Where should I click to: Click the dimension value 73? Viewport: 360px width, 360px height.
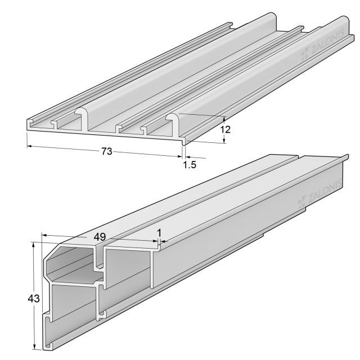point(107,151)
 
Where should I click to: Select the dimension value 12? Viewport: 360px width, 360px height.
point(225,130)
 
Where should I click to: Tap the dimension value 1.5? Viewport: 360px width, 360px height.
point(190,165)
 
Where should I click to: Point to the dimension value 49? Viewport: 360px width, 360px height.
point(100,237)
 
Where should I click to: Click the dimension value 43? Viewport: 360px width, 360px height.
point(34,299)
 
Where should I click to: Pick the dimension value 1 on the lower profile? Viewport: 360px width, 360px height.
point(159,233)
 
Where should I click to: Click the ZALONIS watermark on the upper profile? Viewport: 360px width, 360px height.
point(322,44)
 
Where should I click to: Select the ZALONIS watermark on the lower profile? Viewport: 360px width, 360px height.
point(319,194)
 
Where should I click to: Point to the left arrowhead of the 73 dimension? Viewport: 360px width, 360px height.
point(30,146)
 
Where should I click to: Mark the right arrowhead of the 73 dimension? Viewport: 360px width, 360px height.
point(179,156)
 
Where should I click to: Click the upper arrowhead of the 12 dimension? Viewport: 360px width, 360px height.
point(224,119)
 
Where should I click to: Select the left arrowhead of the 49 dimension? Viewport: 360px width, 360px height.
point(44,235)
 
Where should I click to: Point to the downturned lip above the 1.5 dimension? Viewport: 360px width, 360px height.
point(183,141)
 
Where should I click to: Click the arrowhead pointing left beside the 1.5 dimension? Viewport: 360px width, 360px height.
point(187,157)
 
